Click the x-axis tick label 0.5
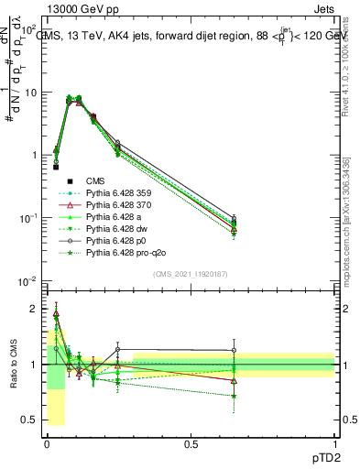pos(191,442)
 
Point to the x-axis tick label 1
pos(335,442)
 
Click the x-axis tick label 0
pos(47,442)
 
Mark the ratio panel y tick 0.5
pos(33,420)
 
